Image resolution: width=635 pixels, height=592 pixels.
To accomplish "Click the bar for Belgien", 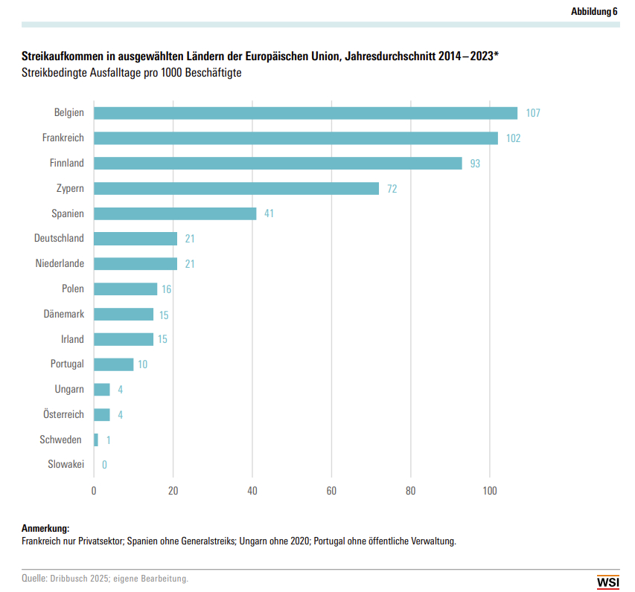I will [305, 113].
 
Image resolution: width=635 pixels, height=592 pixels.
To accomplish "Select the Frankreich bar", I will [296, 138].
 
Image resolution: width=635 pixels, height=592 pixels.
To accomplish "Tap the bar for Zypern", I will [236, 188].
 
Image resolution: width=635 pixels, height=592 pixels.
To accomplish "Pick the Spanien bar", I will [175, 213].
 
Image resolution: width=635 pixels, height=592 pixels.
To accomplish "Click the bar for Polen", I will [125, 289].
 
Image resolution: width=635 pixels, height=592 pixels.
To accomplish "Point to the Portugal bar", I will [113, 364].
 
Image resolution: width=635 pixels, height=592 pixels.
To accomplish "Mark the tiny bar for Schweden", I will [96, 440].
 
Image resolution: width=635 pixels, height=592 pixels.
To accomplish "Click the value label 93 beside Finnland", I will [475, 164].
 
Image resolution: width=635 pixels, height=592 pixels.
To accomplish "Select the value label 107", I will [532, 113].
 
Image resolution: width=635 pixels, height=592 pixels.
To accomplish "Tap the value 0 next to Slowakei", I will [104, 465].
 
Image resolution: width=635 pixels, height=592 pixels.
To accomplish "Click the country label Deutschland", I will [59, 239].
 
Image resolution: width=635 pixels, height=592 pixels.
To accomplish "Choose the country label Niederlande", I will [60, 264].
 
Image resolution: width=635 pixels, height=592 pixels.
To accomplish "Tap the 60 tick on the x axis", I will [331, 491].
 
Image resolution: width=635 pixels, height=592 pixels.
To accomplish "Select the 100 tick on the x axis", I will [489, 491].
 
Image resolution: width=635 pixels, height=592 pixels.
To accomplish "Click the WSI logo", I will [607, 582].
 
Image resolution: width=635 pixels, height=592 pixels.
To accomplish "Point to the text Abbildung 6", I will [594, 11].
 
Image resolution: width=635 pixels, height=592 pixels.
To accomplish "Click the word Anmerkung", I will [45, 528].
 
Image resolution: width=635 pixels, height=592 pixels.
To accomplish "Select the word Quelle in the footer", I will [33, 578].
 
